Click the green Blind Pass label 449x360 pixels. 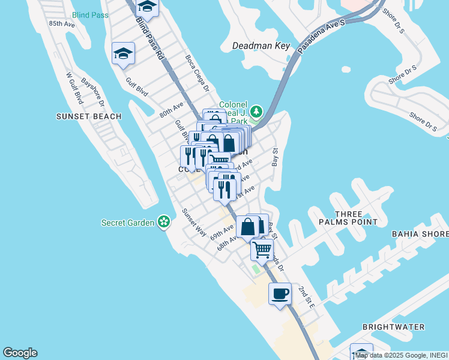pos(90,15)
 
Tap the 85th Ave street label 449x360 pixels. pos(62,24)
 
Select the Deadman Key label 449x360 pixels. pos(261,46)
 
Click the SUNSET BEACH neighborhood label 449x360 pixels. pos(89,116)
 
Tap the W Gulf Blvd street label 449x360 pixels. pos(74,88)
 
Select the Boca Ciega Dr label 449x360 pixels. pos(196,73)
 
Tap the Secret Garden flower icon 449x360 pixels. pos(163,223)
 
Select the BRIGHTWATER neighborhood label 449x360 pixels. pos(393,327)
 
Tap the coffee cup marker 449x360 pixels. pos(280,294)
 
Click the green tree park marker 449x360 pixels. pos(256,112)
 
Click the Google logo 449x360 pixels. pos(20,353)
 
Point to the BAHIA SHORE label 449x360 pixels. pos(420,234)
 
